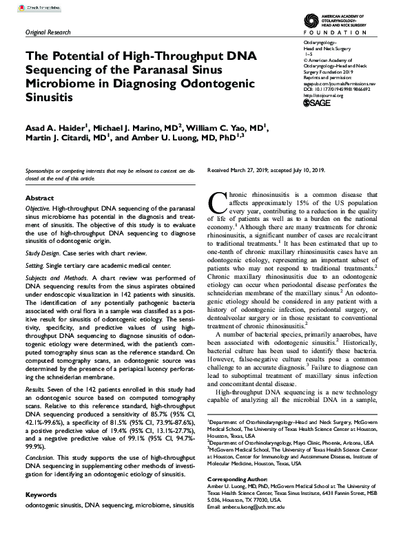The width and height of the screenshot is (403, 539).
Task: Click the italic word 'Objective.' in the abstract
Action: (x=39, y=208)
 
